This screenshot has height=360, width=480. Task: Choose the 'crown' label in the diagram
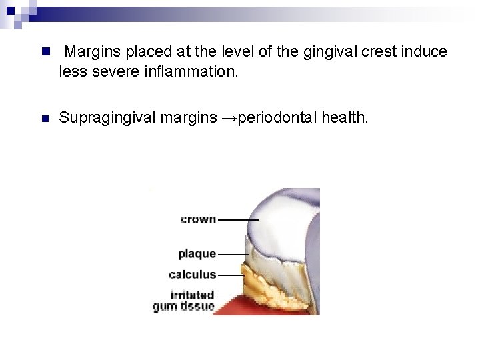click(x=198, y=219)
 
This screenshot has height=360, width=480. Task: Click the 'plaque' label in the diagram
click(x=197, y=254)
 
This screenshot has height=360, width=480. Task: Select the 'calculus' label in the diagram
click(x=192, y=274)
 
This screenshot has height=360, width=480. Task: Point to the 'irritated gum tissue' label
click(x=183, y=301)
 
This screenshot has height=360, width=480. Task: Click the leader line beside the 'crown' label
click(x=238, y=219)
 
